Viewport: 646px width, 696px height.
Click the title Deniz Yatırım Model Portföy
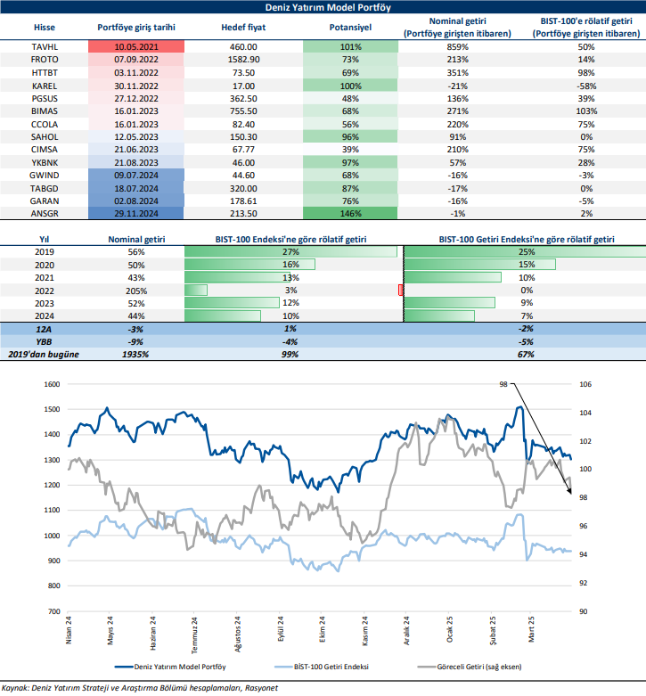point(323,7)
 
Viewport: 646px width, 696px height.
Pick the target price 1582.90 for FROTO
point(238,58)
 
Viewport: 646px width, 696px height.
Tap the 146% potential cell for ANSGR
point(350,214)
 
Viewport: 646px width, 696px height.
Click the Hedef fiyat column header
point(238,27)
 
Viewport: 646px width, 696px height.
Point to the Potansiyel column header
point(350,27)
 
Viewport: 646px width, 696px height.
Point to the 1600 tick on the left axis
point(51,384)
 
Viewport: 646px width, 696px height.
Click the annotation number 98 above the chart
point(503,384)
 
